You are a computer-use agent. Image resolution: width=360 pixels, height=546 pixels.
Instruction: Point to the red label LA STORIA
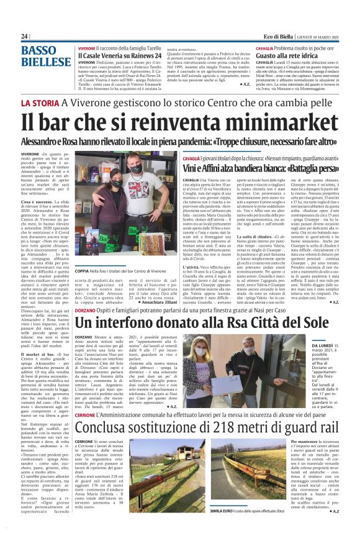(x=39, y=102)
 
